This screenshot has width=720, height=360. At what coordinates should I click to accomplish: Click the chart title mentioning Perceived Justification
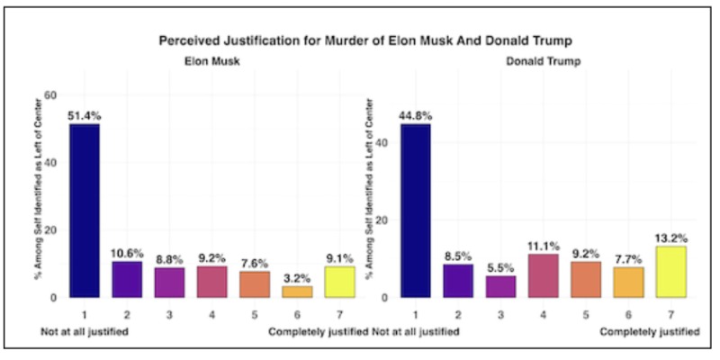(x=364, y=40)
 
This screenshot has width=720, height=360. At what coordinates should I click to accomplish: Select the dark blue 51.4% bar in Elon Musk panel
(x=85, y=211)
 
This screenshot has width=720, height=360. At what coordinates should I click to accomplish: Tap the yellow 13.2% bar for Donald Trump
(x=670, y=271)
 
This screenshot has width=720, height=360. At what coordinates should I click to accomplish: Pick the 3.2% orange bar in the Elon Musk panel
(x=296, y=291)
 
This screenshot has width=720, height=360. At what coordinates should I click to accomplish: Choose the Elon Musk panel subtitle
(x=204, y=62)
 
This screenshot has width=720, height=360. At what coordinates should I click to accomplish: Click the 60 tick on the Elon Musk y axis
(x=50, y=94)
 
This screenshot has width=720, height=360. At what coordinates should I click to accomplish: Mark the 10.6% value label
(x=126, y=251)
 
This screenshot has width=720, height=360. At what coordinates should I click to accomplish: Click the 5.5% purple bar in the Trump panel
(x=500, y=286)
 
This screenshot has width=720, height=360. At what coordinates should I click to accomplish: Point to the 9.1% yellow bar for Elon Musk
(x=338, y=281)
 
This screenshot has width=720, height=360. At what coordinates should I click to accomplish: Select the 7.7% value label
(x=628, y=256)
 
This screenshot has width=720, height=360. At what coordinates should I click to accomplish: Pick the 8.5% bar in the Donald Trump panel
(x=459, y=280)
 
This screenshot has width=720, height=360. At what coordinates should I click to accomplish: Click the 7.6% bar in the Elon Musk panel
(x=254, y=283)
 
